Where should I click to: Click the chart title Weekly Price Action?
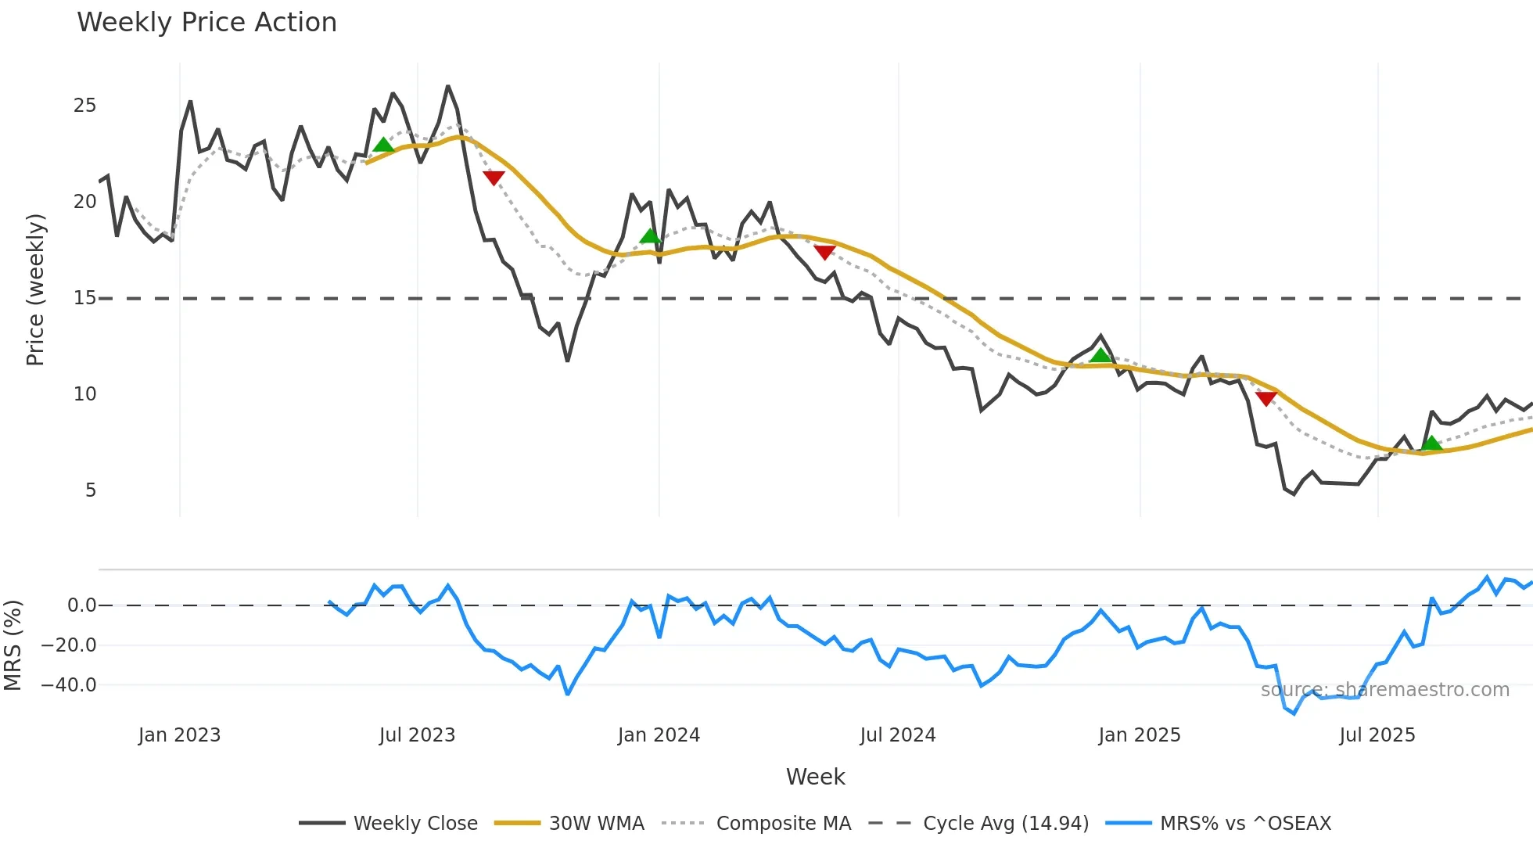click(x=206, y=23)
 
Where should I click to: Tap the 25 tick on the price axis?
click(x=84, y=106)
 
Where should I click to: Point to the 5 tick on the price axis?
click(x=91, y=490)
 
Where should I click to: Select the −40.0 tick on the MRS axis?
click(x=69, y=685)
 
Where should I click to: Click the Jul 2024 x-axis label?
click(x=897, y=735)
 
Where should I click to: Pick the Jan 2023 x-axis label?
click(x=179, y=735)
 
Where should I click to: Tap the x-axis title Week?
click(x=815, y=777)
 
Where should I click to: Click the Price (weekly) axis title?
click(x=35, y=289)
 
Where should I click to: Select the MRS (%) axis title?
click(x=13, y=645)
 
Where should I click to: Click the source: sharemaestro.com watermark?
click(x=1384, y=690)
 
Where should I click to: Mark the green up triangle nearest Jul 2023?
click(x=383, y=145)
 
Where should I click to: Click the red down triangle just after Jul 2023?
click(x=494, y=178)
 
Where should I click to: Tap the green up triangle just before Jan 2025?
click(x=1100, y=356)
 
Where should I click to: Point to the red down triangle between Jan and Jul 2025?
click(x=1266, y=398)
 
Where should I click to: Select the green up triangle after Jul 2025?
click(x=1431, y=444)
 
